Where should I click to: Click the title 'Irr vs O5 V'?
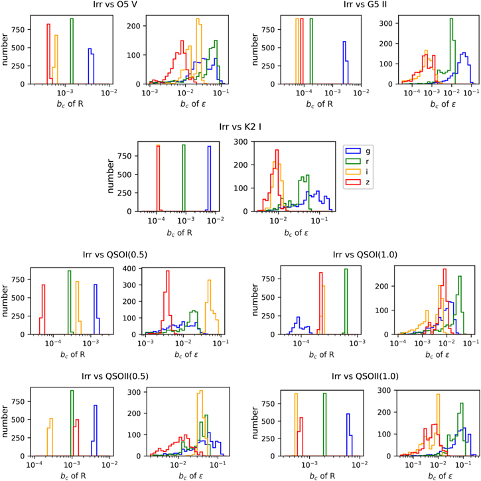(120, 5)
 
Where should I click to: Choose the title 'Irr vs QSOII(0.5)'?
(120, 376)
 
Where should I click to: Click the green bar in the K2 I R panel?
(184, 179)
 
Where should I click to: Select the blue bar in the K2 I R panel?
(209, 179)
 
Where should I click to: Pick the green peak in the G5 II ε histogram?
(451, 53)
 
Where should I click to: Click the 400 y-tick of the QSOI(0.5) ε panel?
(133, 268)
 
